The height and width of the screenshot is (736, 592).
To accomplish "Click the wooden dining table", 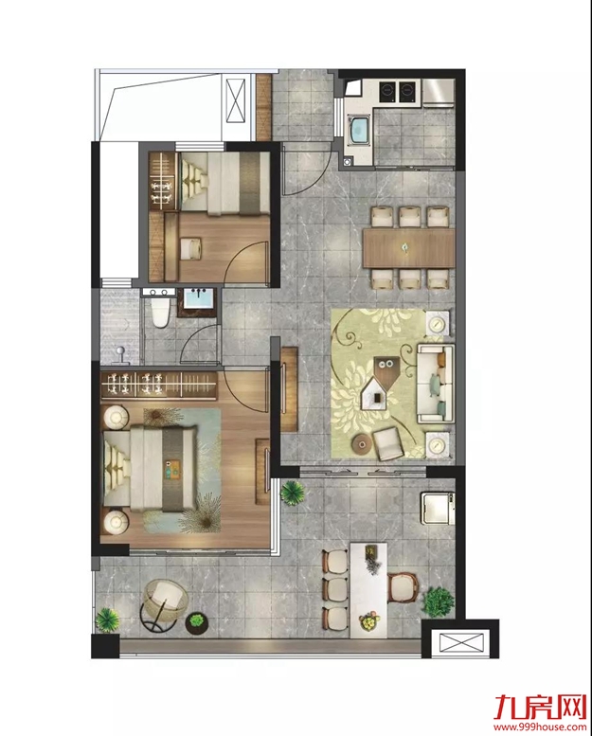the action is click(x=409, y=247).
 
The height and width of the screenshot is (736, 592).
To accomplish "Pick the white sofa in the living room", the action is click(x=436, y=383).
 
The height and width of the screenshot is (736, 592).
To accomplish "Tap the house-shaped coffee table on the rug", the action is click(x=378, y=392).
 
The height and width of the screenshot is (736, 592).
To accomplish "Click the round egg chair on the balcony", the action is click(x=164, y=601).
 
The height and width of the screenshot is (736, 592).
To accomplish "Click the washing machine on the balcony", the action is click(x=437, y=509).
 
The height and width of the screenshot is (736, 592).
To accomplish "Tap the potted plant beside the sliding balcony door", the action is click(x=293, y=493).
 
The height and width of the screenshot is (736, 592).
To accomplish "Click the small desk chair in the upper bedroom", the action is click(x=191, y=248).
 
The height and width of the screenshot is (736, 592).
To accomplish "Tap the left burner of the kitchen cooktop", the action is click(x=387, y=91).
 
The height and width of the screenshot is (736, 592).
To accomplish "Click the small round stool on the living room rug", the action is click(x=362, y=443).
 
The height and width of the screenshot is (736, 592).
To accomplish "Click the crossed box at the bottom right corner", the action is click(x=460, y=643).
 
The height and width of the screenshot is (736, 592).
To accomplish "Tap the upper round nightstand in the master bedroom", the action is click(x=116, y=417).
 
